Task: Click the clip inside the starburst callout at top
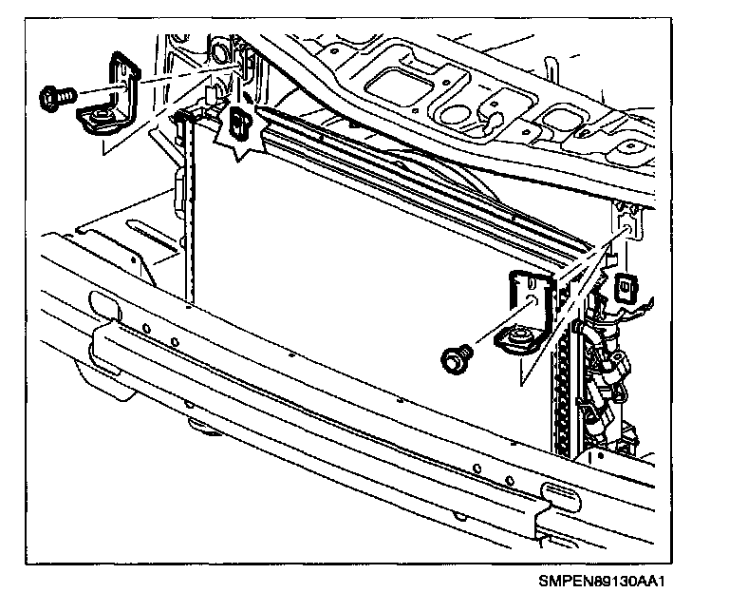240,122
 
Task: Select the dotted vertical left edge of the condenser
191,209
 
